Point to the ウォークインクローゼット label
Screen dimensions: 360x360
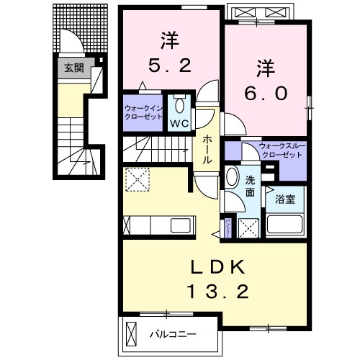[143, 113]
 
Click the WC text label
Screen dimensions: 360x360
[179, 122]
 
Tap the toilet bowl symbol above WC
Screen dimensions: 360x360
[180, 106]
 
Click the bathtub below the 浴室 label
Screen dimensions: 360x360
[285, 224]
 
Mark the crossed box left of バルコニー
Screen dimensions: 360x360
[132, 333]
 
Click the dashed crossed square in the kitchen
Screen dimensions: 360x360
[137, 179]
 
